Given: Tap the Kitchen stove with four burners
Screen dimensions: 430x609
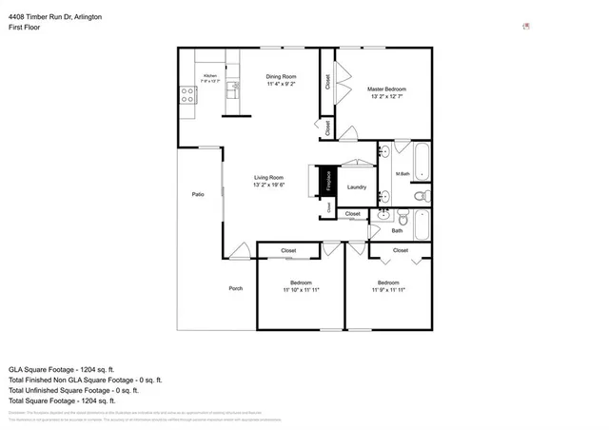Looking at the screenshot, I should (x=186, y=95).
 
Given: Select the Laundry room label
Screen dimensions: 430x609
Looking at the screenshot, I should (x=357, y=187).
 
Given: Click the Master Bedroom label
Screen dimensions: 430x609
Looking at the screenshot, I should (x=386, y=88).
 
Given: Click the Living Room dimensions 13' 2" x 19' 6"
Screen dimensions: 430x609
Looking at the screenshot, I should (x=269, y=185).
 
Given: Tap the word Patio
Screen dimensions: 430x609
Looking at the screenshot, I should (x=198, y=194).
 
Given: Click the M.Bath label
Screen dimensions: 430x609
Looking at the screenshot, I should (x=403, y=173).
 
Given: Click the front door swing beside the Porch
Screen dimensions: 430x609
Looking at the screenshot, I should (x=239, y=251).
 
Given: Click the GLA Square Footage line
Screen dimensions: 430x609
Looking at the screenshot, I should (x=61, y=369).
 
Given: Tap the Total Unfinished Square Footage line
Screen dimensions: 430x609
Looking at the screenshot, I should (x=73, y=390).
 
